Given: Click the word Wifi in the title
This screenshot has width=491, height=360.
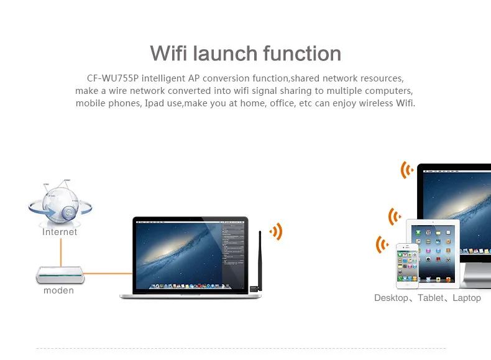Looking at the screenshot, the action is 168,53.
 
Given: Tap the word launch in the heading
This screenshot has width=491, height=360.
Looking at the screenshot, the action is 225,53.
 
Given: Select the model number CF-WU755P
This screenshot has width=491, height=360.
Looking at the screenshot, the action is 112,78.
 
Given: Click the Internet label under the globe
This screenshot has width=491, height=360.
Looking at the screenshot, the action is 60,232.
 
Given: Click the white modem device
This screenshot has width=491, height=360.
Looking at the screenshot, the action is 60,275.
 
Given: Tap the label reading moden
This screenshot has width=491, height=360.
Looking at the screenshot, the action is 58,290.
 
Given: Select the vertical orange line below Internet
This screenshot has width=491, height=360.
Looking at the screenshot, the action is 61,252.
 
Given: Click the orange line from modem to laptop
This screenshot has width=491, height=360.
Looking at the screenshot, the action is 108,274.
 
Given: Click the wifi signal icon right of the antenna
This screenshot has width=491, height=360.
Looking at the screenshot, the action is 276,231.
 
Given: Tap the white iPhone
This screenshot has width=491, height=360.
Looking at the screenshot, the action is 407,265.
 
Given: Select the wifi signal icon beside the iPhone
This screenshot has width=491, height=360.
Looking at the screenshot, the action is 382,244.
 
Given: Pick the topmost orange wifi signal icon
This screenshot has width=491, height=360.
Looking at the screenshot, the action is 406,170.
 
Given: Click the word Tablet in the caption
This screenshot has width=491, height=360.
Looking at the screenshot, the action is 431,298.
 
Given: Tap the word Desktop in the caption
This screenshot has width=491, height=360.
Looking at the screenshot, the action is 391,298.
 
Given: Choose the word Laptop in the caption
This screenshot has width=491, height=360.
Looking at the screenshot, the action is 467,298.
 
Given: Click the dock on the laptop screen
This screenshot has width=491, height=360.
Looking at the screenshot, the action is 190,286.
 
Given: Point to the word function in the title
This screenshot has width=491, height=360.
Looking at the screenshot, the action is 302,53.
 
